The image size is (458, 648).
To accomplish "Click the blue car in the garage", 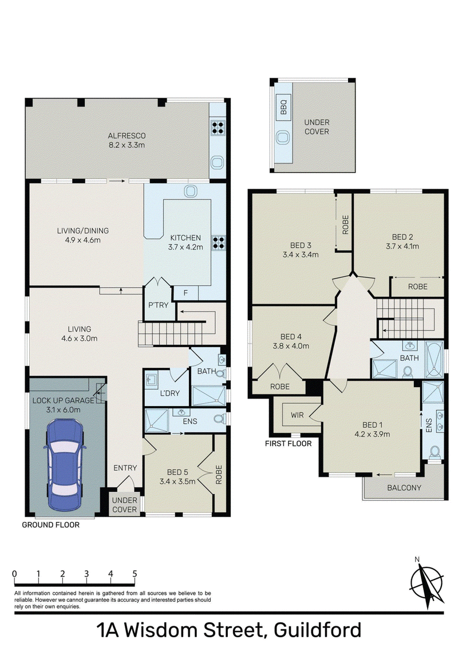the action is pos(65,465).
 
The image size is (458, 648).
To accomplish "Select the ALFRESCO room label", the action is pos(127,136).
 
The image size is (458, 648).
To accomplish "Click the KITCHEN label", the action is pos(185,237).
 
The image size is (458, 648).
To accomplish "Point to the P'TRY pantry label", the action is pos(159,305).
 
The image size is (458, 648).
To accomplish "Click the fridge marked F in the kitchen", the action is pos(185,293).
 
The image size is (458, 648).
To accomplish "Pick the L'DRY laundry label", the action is pos(169,393).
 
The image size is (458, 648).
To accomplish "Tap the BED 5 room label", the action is pos(177,472).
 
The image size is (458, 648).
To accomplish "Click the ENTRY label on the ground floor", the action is pos(125,468).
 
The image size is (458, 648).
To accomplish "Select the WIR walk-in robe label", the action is pos(297,415).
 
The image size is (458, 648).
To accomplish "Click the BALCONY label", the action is pos(404,488).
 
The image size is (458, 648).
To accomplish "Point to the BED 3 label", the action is pos(301,245).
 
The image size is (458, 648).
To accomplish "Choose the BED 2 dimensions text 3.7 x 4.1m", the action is pos(402,247).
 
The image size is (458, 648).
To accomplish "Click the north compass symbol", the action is pos(426,583).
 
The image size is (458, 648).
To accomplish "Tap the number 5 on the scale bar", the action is pos(135,574).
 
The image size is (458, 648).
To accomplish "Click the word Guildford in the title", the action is pos(318,630).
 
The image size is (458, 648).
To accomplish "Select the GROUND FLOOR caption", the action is pos(50,525).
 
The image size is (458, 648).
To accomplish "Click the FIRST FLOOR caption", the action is pos(289,444).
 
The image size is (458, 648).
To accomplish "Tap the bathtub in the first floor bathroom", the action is pos(434,359).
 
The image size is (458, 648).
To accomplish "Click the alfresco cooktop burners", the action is pos(218,128).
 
